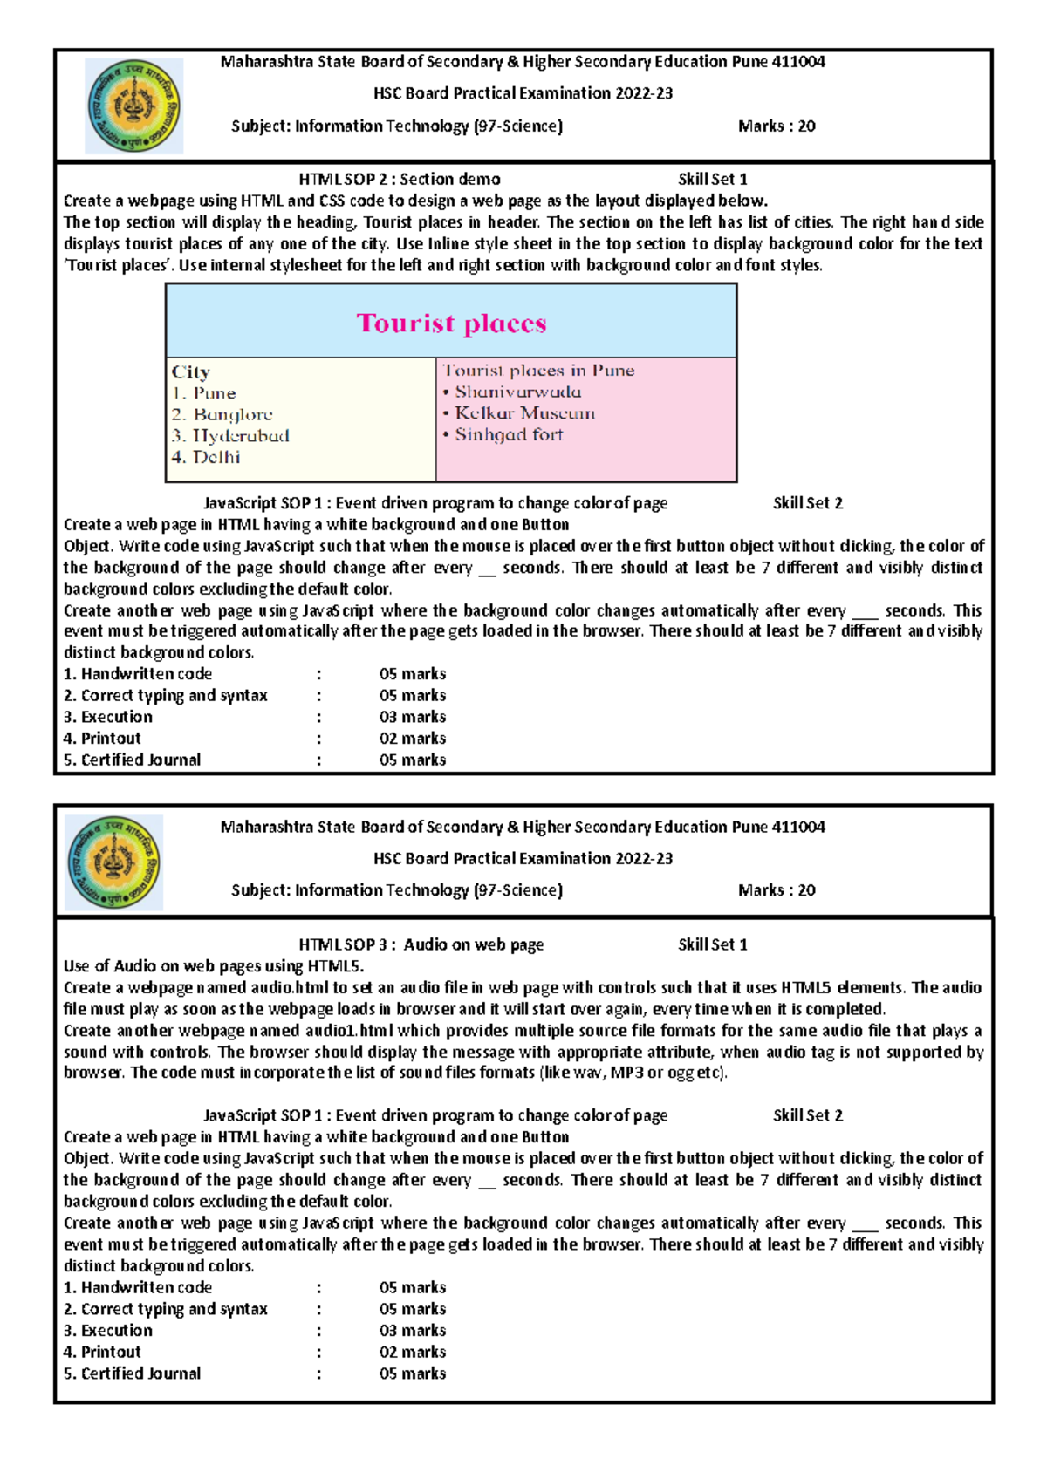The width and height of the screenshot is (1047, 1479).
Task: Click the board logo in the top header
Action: [x=134, y=106]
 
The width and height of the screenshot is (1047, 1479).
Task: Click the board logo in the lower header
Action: [x=114, y=862]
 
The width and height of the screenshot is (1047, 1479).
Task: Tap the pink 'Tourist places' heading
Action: [x=451, y=324]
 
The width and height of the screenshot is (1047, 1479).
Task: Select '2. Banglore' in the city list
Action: [x=222, y=414]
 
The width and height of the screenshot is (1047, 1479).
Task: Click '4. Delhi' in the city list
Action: [x=206, y=457]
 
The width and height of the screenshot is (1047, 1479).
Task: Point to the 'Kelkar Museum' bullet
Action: [x=519, y=412]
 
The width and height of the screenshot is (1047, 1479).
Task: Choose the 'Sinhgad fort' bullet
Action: [x=503, y=434]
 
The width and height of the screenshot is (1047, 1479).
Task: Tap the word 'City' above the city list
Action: [x=191, y=372]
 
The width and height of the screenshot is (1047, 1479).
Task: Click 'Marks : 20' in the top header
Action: [x=777, y=126]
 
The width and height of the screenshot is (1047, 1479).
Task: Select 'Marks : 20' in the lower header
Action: [x=777, y=890]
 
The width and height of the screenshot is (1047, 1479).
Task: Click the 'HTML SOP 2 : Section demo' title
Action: [x=400, y=180]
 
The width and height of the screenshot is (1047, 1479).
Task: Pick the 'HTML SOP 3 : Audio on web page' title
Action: [x=421, y=944]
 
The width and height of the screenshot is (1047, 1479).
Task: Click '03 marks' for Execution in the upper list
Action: [x=412, y=717]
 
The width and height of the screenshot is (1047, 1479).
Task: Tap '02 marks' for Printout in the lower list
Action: [x=412, y=1352]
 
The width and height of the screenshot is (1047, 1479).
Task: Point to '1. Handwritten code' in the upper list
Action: [x=138, y=674]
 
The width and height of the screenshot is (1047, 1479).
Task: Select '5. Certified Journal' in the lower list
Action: [x=132, y=1373]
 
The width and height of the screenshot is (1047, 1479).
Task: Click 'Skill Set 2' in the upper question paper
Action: [x=808, y=503]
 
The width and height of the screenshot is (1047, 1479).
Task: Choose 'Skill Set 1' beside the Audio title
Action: [x=713, y=944]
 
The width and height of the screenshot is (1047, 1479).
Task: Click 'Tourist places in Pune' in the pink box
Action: [x=538, y=371]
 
